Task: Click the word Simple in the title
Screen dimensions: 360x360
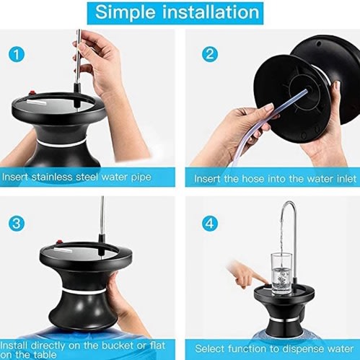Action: [x=126, y=12]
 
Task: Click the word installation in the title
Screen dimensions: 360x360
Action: [x=211, y=12]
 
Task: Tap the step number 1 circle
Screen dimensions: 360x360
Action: [x=17, y=55]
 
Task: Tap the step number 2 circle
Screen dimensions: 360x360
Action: [x=210, y=54]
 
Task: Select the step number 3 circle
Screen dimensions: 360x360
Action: [x=17, y=224]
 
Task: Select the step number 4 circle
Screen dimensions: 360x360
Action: [x=210, y=224]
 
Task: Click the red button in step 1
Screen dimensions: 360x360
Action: [x=32, y=93]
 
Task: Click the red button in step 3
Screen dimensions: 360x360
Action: [x=58, y=242]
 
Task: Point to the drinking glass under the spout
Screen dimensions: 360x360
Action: [x=281, y=273]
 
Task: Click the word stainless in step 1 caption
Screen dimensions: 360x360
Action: [x=53, y=177]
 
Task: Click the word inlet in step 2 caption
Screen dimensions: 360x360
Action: [x=344, y=179]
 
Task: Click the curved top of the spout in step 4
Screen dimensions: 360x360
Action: [x=289, y=203]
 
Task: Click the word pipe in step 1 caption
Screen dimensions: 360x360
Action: [x=141, y=177]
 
